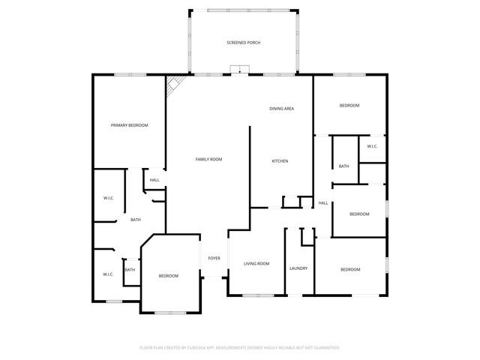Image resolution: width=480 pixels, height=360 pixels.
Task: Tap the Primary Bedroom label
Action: [129, 125]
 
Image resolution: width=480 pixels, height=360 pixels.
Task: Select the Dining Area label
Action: [281, 109]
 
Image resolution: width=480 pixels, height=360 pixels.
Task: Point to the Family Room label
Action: [208, 159]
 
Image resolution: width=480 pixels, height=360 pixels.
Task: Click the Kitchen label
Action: [280, 161]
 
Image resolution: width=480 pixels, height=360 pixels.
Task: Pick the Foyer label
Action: [214, 259]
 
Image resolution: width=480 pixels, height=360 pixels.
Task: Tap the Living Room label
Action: [256, 264]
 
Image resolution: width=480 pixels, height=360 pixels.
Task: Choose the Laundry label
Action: [298, 268]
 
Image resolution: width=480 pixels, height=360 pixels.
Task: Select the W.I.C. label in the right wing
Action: [372, 146]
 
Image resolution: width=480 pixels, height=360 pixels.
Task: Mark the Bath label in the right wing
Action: [343, 166]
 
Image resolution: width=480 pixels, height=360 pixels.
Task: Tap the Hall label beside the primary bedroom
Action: [154, 180]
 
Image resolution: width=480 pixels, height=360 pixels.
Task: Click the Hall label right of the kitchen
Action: [323, 203]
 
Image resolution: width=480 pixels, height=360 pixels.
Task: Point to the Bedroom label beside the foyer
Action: [169, 276]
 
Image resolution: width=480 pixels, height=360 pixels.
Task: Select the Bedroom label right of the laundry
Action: [350, 269]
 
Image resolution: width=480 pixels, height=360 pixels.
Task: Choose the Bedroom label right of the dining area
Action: [349, 106]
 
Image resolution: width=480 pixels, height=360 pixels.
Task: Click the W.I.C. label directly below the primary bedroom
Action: [108, 198]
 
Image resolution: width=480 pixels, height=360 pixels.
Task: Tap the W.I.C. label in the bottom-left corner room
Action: [108, 274]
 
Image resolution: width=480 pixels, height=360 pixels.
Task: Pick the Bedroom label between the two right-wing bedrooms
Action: [359, 214]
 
